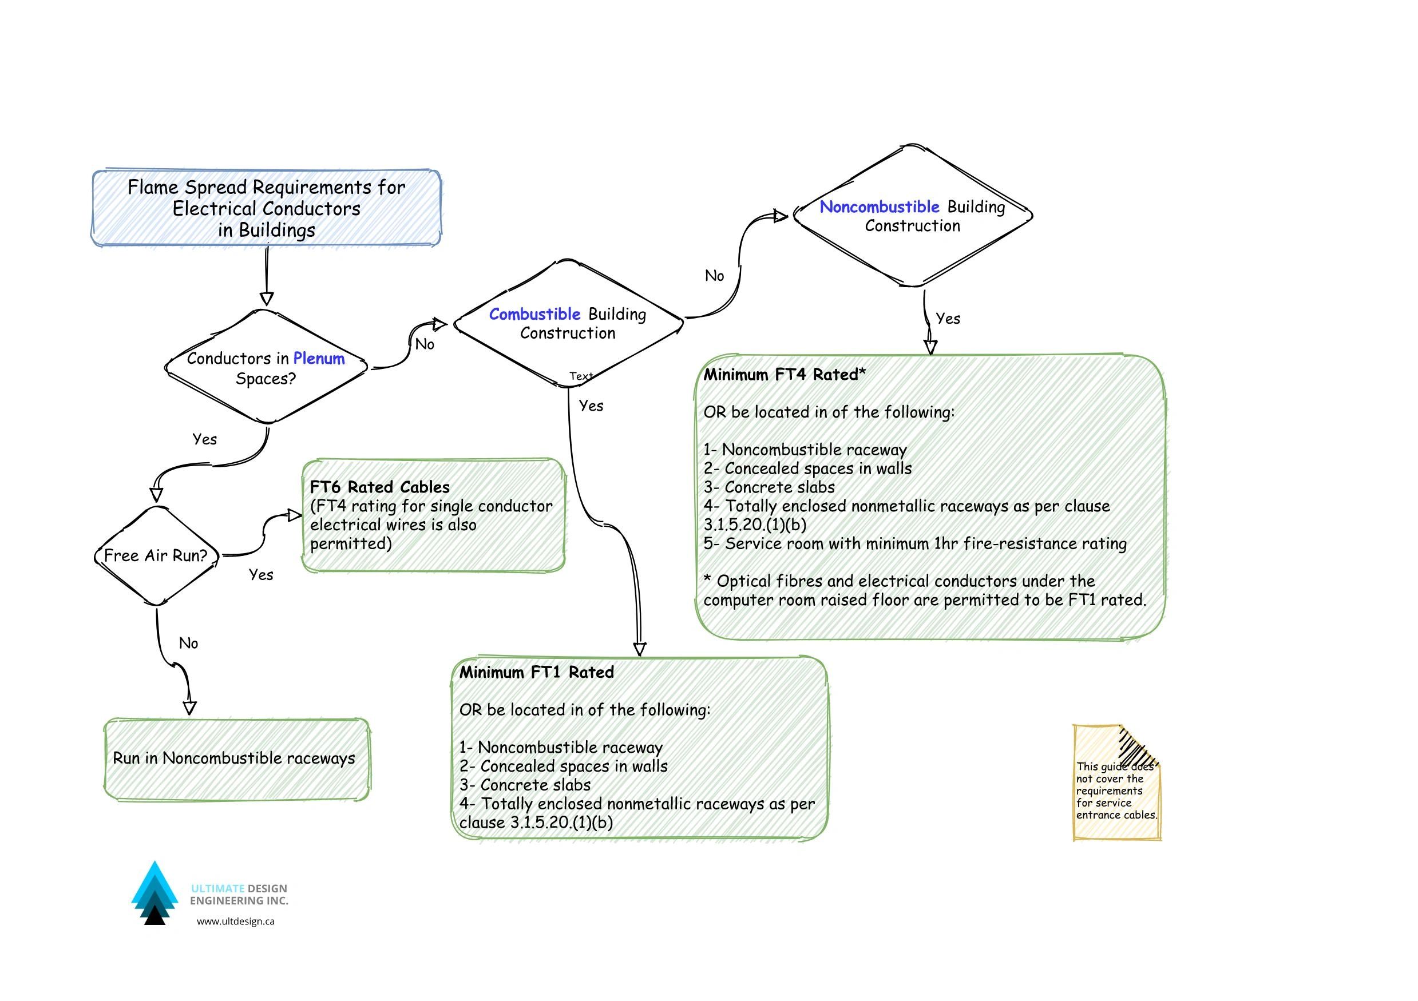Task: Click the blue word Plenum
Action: tap(319, 359)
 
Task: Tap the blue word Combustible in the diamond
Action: tap(534, 315)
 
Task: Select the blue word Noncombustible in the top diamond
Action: tap(879, 207)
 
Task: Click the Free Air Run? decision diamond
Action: tap(156, 556)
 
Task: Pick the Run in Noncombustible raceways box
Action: tap(234, 758)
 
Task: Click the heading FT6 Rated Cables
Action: tap(379, 487)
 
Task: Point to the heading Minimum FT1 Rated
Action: tap(536, 673)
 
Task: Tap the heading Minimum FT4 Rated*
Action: tap(785, 375)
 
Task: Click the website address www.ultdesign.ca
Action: tap(235, 921)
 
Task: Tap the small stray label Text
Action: tap(581, 376)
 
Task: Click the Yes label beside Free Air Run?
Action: tap(260, 575)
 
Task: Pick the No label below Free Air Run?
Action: tap(188, 643)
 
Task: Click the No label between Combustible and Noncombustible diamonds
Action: tap(714, 276)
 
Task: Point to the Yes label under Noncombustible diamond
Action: tap(948, 319)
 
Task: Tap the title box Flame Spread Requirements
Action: tap(267, 208)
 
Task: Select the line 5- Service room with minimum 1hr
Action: tap(914, 544)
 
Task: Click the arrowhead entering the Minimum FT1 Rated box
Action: tap(640, 650)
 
